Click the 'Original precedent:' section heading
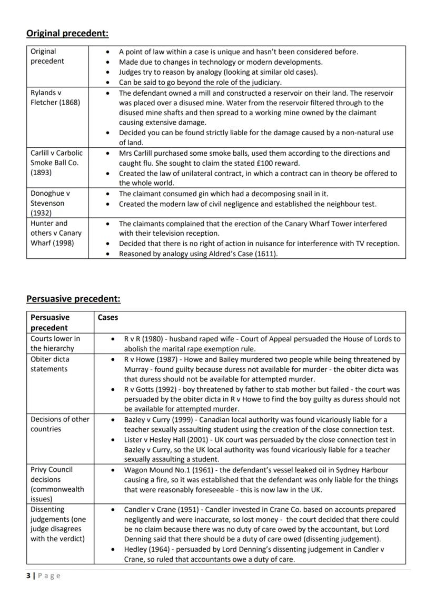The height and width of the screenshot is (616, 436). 67,34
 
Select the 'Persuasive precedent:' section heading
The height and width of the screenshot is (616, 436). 73,299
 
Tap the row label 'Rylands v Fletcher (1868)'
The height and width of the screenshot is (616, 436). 55,97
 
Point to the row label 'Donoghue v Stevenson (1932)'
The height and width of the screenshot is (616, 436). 51,203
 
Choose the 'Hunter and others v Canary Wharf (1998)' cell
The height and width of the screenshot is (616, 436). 56,233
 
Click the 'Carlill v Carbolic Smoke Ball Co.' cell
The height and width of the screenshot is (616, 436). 56,163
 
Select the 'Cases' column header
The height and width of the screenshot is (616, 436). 108,317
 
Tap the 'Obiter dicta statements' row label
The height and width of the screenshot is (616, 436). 49,364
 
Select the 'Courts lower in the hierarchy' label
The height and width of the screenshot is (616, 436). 55,344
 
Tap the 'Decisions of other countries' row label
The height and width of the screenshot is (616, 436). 60,424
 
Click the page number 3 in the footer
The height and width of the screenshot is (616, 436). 28,575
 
